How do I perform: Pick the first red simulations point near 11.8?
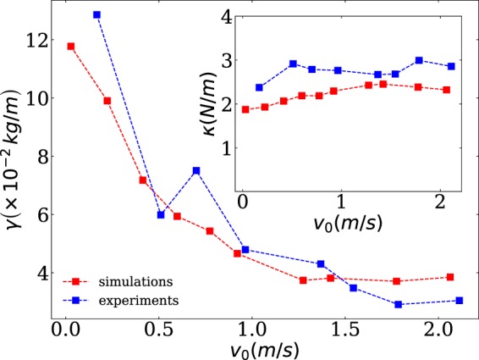[71, 47]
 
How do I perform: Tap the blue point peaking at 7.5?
[196, 170]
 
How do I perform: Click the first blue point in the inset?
[260, 87]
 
